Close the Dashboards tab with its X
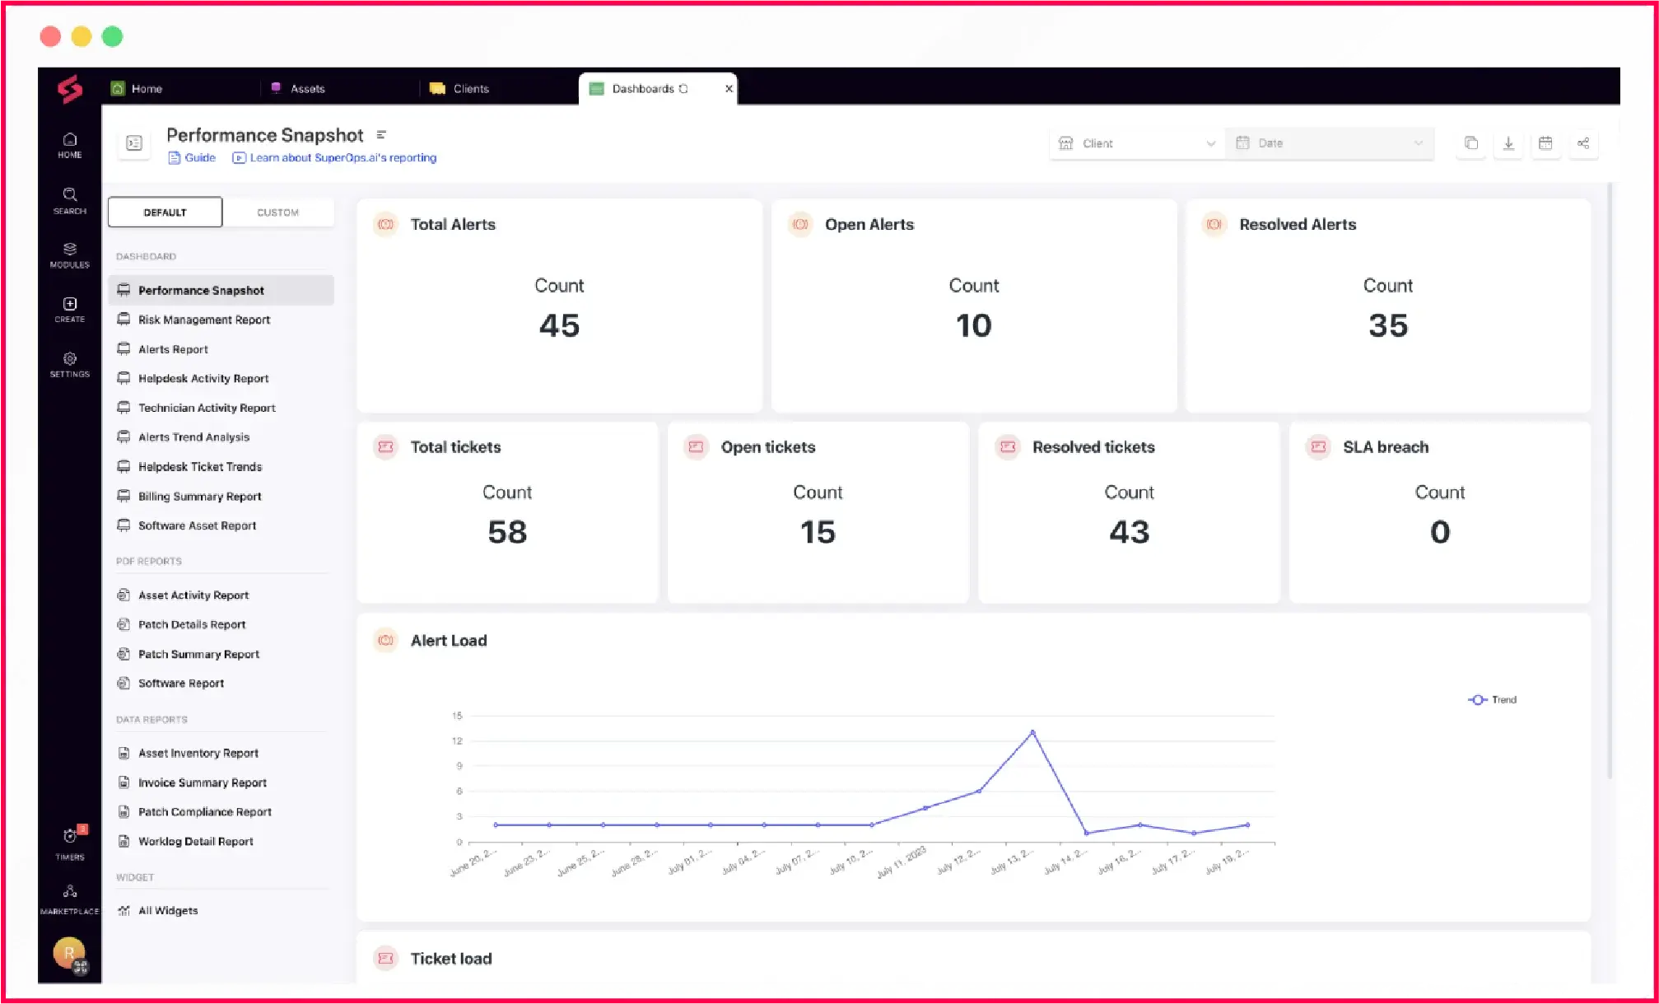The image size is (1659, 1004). click(x=729, y=89)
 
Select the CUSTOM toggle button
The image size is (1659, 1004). click(x=278, y=212)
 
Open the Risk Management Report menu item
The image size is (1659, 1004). click(x=203, y=320)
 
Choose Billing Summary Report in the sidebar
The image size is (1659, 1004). click(x=199, y=496)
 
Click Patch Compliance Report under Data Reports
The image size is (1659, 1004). click(x=204, y=811)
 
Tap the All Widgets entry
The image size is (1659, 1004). click(x=167, y=910)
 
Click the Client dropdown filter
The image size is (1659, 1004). click(x=1136, y=143)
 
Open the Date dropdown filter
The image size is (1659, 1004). click(x=1329, y=143)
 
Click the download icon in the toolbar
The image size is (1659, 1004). click(x=1508, y=143)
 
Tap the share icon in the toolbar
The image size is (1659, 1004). click(x=1582, y=143)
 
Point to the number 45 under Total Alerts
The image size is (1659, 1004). click(x=559, y=325)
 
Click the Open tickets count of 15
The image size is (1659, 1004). click(x=818, y=532)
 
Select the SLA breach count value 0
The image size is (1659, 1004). click(x=1439, y=532)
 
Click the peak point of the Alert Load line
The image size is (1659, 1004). click(x=1032, y=732)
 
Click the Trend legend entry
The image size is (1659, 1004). click(x=1493, y=699)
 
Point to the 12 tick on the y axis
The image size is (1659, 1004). click(x=458, y=741)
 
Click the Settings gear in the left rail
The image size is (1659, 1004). click(x=70, y=363)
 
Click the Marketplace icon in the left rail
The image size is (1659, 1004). click(x=70, y=897)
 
